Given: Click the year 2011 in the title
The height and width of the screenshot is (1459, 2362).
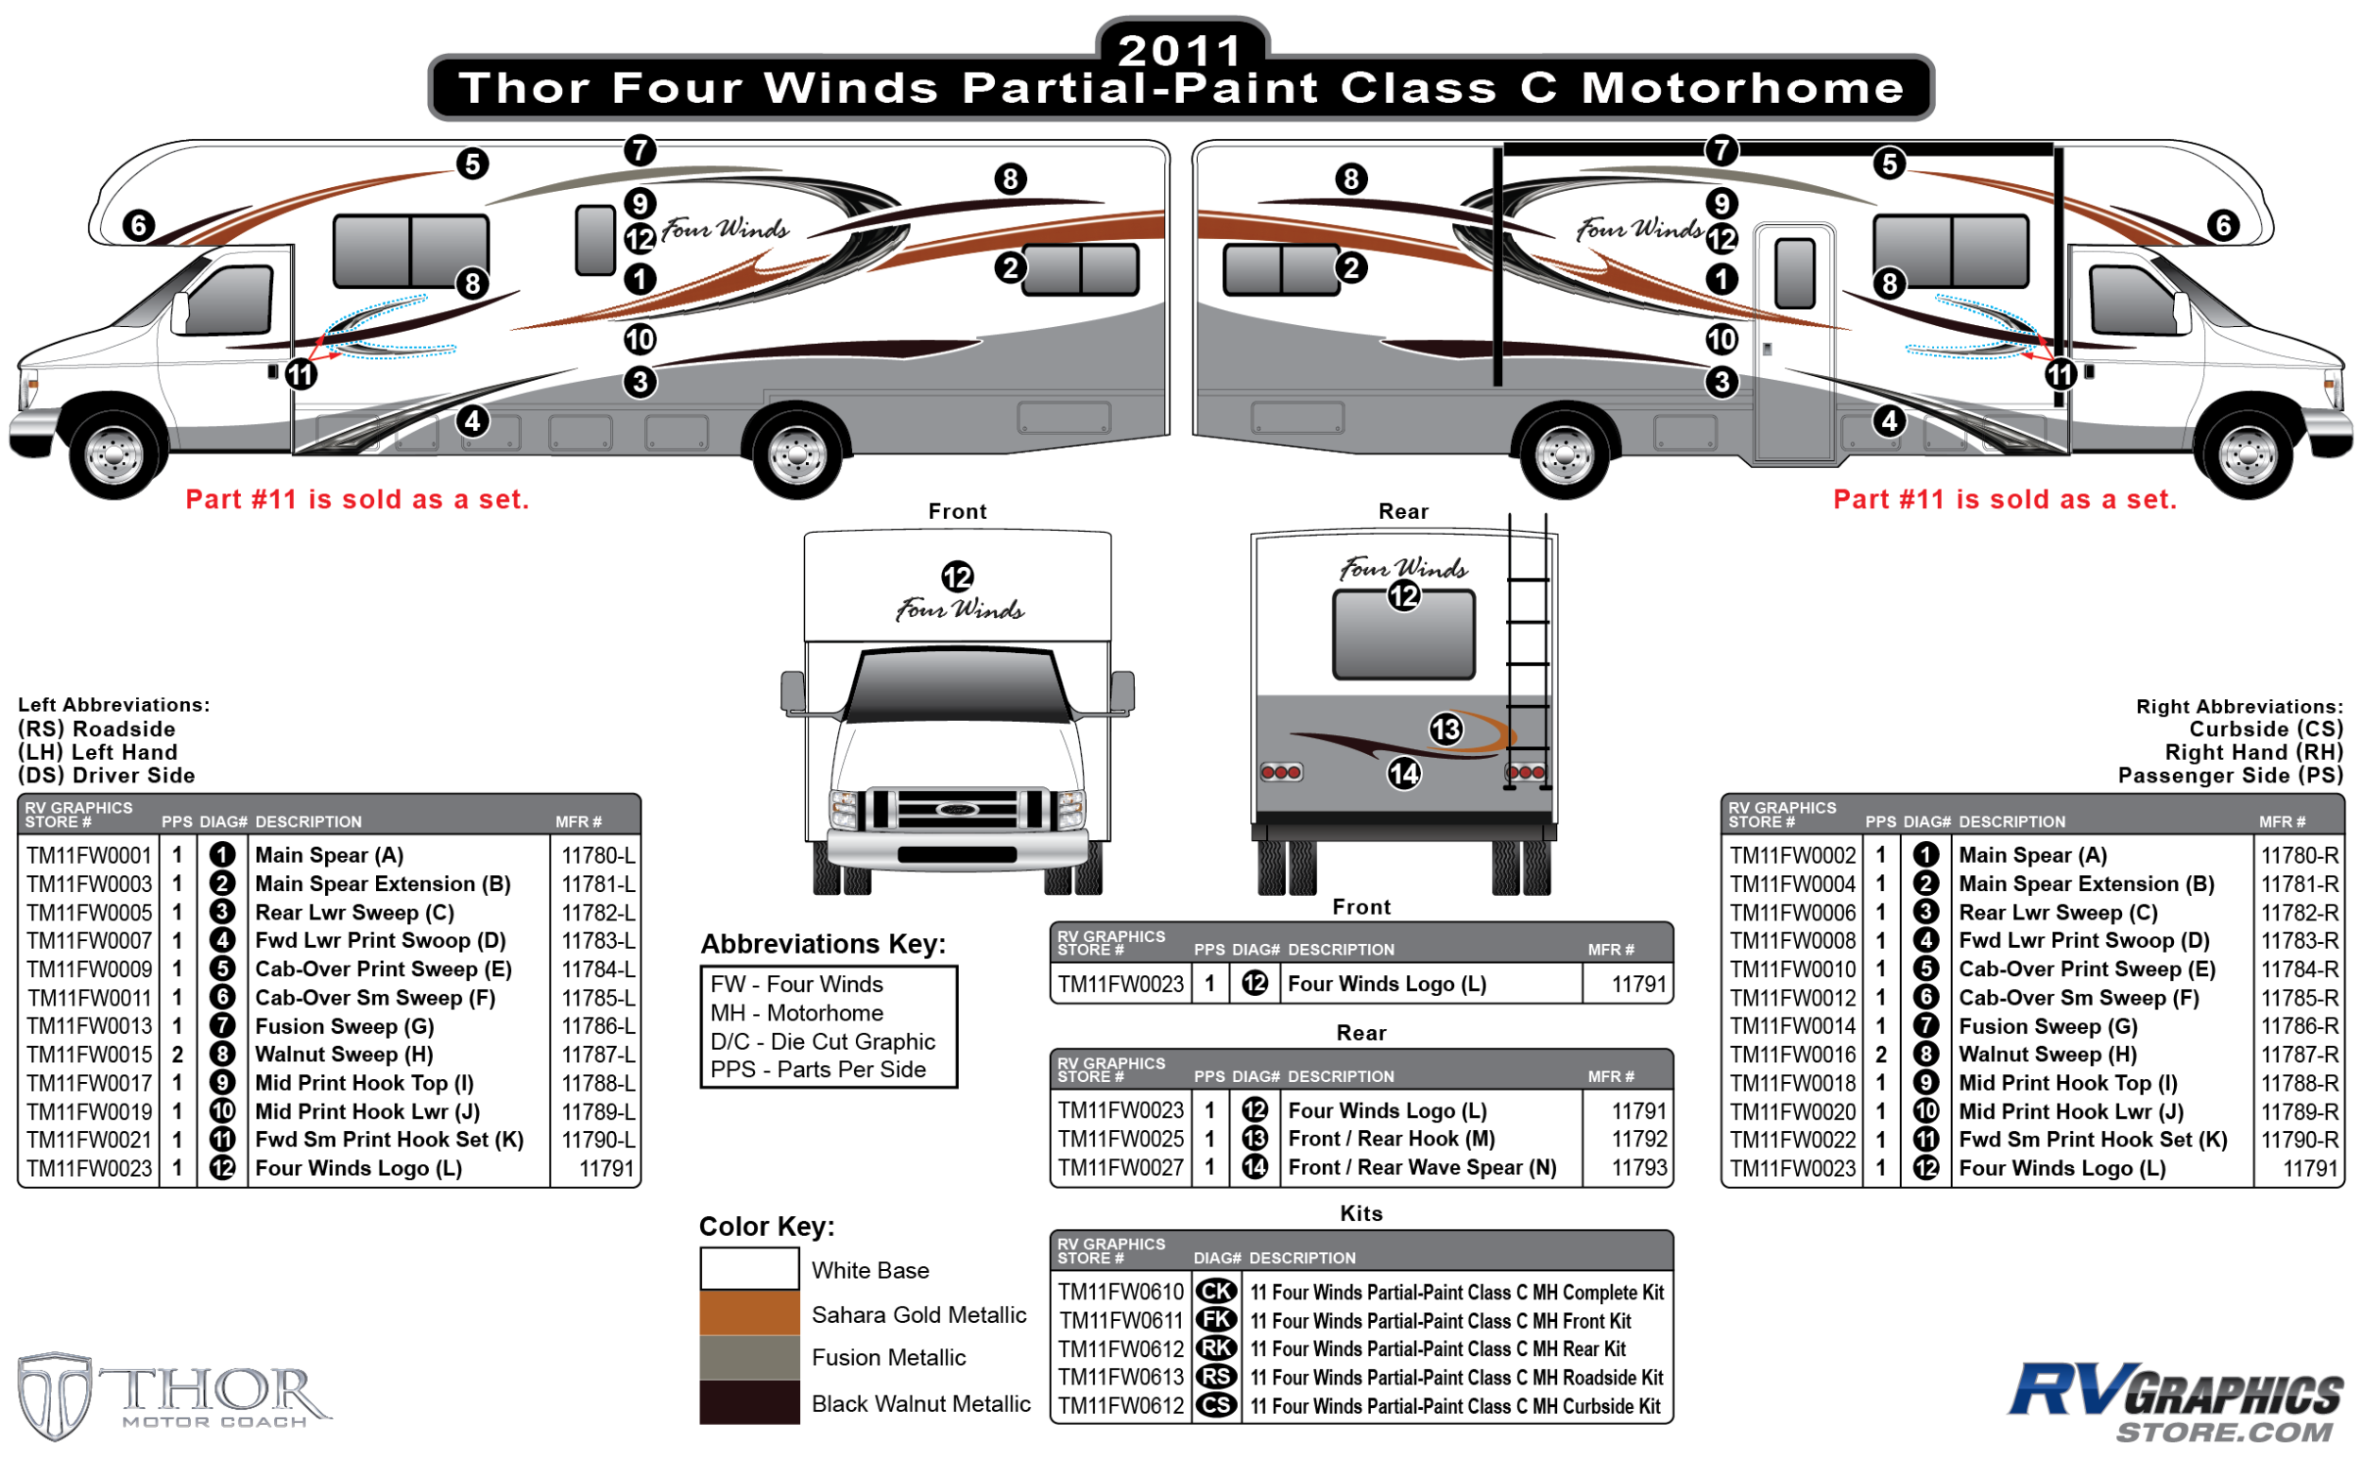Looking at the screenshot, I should (x=1180, y=50).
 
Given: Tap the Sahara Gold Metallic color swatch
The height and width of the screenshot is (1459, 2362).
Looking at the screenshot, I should (x=748, y=1313).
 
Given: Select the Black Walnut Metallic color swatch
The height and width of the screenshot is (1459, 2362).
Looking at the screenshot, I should (x=748, y=1402).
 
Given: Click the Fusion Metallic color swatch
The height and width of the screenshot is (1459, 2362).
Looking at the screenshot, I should (x=748, y=1357).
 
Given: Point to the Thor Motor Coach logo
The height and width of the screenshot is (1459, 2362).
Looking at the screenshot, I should (x=174, y=1396).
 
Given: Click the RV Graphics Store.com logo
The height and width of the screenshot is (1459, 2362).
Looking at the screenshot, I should (x=2175, y=1401).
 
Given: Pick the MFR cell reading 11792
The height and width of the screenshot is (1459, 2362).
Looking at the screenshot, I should (x=1638, y=1139).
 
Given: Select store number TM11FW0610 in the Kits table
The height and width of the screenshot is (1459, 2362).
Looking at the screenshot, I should (x=1120, y=1292).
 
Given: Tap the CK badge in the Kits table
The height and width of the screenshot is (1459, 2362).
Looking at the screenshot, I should (x=1216, y=1292).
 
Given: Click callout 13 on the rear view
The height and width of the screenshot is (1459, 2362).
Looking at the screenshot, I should (x=1446, y=729).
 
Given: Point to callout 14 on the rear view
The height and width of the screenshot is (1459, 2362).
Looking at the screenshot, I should (x=1404, y=773).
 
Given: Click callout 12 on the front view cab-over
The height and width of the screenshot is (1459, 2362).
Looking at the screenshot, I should (x=957, y=577).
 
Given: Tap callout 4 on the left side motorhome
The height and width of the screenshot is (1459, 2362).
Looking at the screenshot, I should (x=471, y=421).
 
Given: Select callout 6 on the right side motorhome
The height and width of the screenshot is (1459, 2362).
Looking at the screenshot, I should (x=2223, y=226).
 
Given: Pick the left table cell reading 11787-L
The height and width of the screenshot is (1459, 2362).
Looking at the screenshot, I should (x=597, y=1054).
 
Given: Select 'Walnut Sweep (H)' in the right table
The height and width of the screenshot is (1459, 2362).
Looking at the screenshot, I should (x=2046, y=1054).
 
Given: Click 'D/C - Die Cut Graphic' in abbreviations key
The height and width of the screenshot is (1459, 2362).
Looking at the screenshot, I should (x=822, y=1041).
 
